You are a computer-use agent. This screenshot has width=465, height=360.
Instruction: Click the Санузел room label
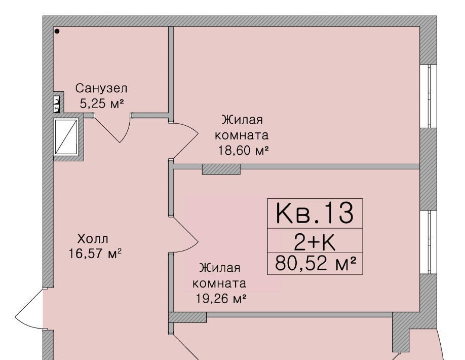(101, 88)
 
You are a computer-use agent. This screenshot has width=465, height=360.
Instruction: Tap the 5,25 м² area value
(101, 103)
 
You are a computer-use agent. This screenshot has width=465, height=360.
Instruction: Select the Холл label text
(93, 239)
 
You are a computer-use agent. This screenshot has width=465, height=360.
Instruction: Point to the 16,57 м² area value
(95, 254)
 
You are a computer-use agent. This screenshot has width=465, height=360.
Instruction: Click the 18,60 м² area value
(244, 151)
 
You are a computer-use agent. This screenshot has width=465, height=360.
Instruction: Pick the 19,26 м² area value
(221, 298)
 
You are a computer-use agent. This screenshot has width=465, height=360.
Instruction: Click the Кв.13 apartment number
(315, 213)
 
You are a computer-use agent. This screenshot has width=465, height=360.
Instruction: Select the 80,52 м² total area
(315, 263)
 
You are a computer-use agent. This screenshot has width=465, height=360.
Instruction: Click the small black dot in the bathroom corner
(57, 31)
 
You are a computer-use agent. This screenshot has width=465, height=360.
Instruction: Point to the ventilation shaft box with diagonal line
(66, 137)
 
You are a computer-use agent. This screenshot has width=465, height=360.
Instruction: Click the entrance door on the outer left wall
(30, 309)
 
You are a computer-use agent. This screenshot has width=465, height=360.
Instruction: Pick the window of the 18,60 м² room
(428, 96)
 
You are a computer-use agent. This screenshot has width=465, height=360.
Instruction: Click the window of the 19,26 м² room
(428, 242)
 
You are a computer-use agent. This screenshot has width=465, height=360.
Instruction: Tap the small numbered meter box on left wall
(56, 104)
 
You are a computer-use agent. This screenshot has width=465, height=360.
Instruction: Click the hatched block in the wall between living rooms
(221, 169)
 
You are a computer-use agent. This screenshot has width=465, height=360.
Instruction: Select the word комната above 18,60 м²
(242, 135)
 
